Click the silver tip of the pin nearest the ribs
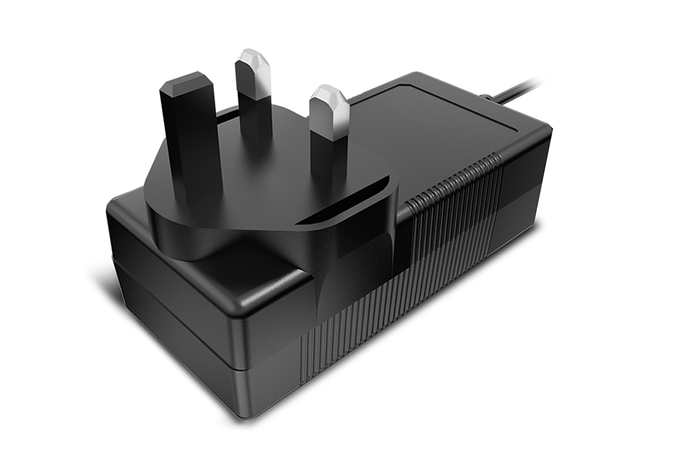click(329, 110)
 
